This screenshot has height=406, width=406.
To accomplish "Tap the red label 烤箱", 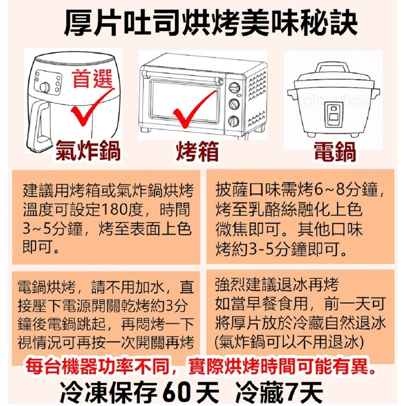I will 197,151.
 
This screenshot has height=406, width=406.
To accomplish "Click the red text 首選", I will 93,79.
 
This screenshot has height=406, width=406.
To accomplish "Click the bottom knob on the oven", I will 234,121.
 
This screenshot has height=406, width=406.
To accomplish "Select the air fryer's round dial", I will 45,88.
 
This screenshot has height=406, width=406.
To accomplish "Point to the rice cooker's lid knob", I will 334,68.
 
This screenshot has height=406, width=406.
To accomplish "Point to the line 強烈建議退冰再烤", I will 277,285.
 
